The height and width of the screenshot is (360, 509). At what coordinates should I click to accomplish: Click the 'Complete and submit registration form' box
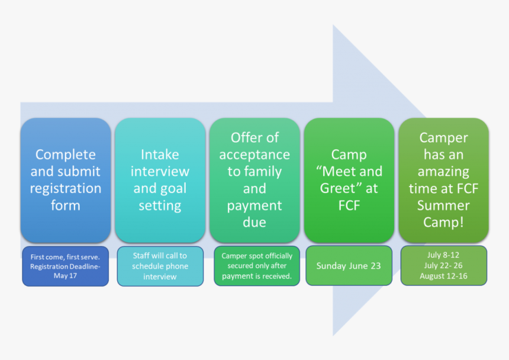[x=65, y=180]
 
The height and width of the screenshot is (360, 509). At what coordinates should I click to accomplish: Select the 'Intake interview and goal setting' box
[x=160, y=180]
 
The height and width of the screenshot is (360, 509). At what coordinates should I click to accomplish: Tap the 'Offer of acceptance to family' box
[x=254, y=180]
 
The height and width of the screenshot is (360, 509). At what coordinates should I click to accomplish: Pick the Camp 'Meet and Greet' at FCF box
[x=349, y=180]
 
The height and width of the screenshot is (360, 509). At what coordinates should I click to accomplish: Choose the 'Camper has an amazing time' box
[x=444, y=180]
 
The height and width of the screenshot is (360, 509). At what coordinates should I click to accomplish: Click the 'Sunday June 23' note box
[x=349, y=266]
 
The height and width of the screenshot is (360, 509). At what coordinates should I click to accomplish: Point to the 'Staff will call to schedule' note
[x=160, y=266]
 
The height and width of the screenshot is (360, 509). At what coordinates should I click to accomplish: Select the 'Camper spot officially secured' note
[x=257, y=266]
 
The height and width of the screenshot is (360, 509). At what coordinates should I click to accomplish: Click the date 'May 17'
[x=65, y=277]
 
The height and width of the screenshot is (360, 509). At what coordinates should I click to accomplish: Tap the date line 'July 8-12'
[x=443, y=255]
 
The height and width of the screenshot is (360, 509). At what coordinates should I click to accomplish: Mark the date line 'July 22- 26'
[x=443, y=266]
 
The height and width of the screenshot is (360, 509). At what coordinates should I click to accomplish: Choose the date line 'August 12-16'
[x=443, y=277]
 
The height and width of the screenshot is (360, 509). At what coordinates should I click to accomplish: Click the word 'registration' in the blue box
[x=65, y=189]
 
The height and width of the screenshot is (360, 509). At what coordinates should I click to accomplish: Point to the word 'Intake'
[x=160, y=155]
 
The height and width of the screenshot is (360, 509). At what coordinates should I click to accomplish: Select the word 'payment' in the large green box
[x=254, y=205]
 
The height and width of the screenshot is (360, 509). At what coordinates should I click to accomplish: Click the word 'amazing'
[x=444, y=172]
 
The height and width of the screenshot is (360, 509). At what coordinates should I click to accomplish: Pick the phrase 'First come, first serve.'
[x=65, y=256]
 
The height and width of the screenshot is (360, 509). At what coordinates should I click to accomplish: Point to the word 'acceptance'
[x=254, y=155]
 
